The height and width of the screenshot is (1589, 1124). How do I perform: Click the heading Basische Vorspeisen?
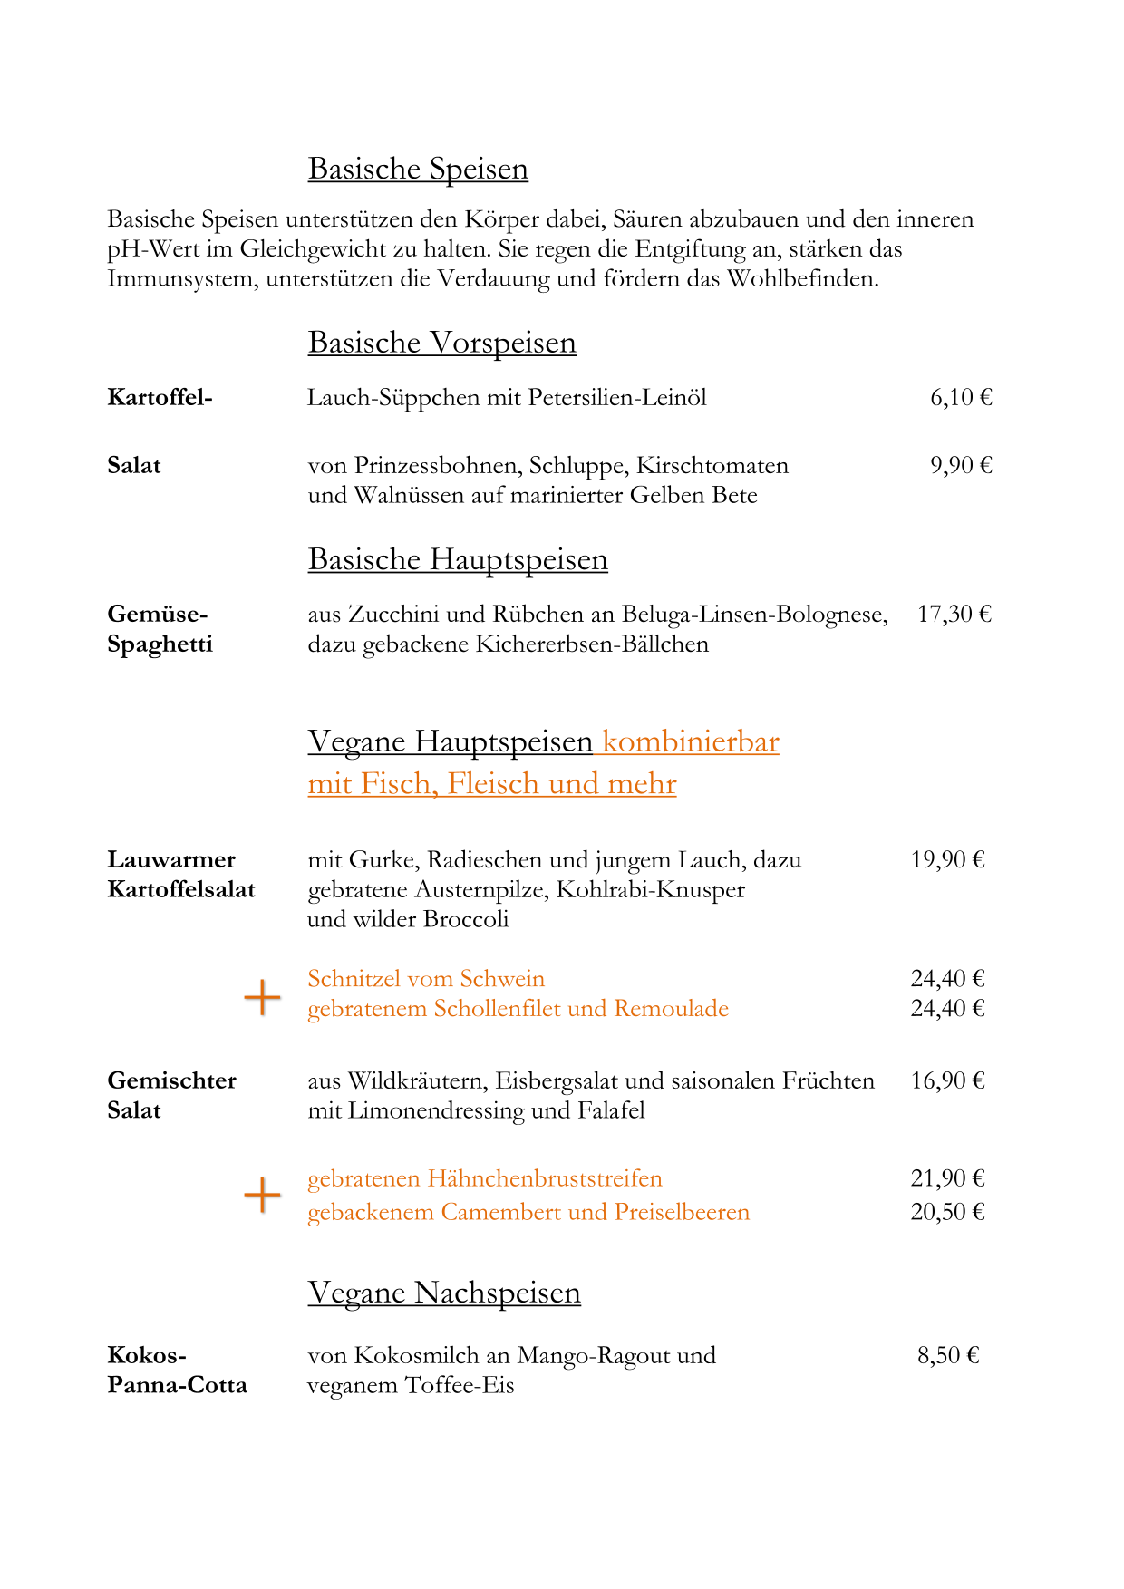click(441, 343)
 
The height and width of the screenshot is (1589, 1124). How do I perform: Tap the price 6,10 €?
click(961, 397)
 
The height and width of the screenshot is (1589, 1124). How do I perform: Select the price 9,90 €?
click(961, 465)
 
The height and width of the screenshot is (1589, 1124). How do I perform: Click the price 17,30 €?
click(954, 614)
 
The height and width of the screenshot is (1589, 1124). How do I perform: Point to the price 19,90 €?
click(947, 859)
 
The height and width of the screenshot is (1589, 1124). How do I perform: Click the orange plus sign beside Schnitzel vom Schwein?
click(262, 997)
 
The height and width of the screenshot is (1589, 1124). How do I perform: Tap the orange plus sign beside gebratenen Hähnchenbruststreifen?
click(262, 1195)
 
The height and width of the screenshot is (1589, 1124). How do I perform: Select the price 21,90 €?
click(947, 1178)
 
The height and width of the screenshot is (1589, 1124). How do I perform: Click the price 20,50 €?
click(947, 1212)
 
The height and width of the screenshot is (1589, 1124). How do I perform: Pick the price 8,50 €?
click(948, 1355)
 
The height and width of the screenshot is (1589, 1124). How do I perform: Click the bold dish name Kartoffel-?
click(160, 397)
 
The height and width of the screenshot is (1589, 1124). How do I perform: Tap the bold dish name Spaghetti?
click(160, 644)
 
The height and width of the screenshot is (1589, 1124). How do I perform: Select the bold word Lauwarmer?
click(171, 859)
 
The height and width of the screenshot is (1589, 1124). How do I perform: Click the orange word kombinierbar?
click(691, 741)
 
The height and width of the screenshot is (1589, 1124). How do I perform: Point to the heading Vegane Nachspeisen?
click(444, 1293)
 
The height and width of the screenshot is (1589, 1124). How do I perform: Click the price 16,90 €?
click(947, 1080)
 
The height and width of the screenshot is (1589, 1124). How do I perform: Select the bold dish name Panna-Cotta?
click(177, 1385)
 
